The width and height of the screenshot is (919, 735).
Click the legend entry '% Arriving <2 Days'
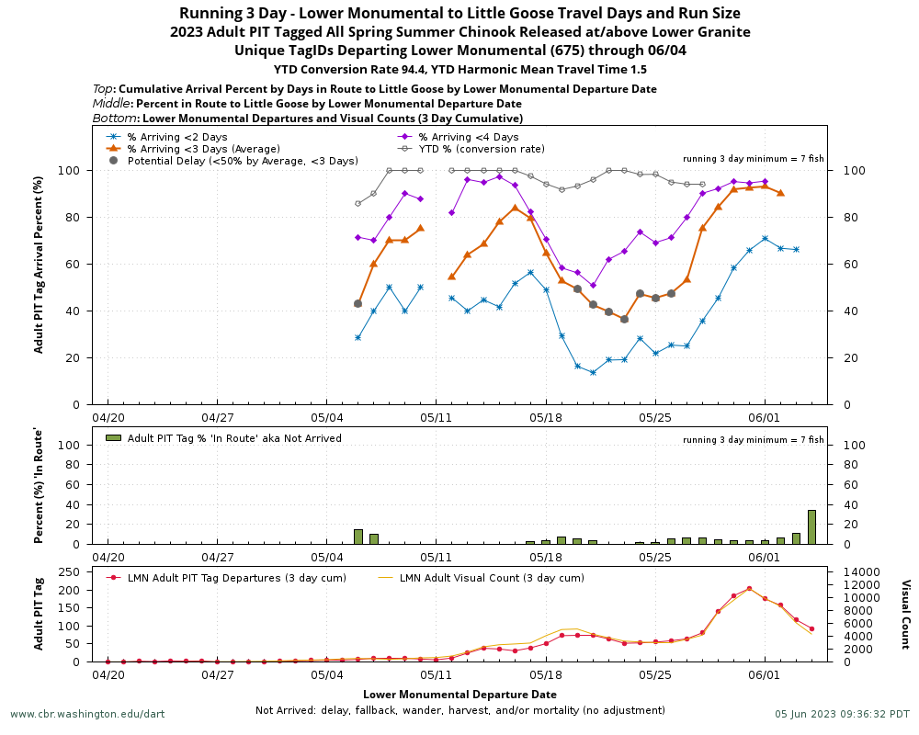click(176, 137)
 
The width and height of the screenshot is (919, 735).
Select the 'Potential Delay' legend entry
click(243, 161)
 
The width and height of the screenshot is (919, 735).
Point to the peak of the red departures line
click(749, 588)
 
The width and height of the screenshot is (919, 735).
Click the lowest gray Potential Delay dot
click(624, 319)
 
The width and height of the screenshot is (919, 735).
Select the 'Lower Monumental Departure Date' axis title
click(459, 695)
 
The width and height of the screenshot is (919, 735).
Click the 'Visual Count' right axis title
click(904, 615)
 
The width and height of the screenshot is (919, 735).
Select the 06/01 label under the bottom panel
click(765, 674)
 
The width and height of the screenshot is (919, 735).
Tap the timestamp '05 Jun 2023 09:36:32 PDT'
click(842, 714)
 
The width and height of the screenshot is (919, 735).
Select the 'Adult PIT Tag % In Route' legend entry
click(234, 438)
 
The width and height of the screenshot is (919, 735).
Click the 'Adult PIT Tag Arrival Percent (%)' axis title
click(39, 265)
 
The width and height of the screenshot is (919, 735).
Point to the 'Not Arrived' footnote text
click(459, 710)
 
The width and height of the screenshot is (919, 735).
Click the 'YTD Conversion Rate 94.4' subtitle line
click(459, 69)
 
